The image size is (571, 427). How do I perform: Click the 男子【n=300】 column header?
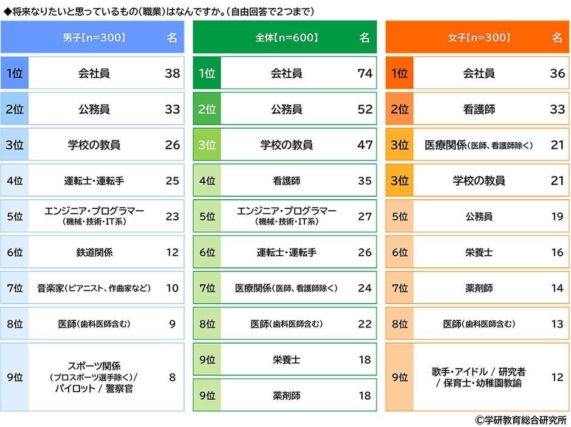[94, 38]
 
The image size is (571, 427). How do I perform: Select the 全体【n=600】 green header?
[287, 38]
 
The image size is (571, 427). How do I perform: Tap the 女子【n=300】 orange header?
[479, 38]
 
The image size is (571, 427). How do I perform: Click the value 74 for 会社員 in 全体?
[364, 73]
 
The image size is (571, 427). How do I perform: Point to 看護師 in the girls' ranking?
[479, 109]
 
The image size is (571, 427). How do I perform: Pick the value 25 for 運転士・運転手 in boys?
[173, 181]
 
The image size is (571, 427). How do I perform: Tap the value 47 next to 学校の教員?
[364, 145]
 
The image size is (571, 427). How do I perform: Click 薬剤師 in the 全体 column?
[287, 395]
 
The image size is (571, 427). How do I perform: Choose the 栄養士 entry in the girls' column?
[479, 252]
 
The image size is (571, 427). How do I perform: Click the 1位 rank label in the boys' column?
[15, 73]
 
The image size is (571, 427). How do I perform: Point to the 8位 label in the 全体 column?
[207, 324]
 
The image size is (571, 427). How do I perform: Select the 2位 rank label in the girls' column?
[400, 109]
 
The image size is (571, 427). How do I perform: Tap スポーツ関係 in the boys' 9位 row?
[94, 366]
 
